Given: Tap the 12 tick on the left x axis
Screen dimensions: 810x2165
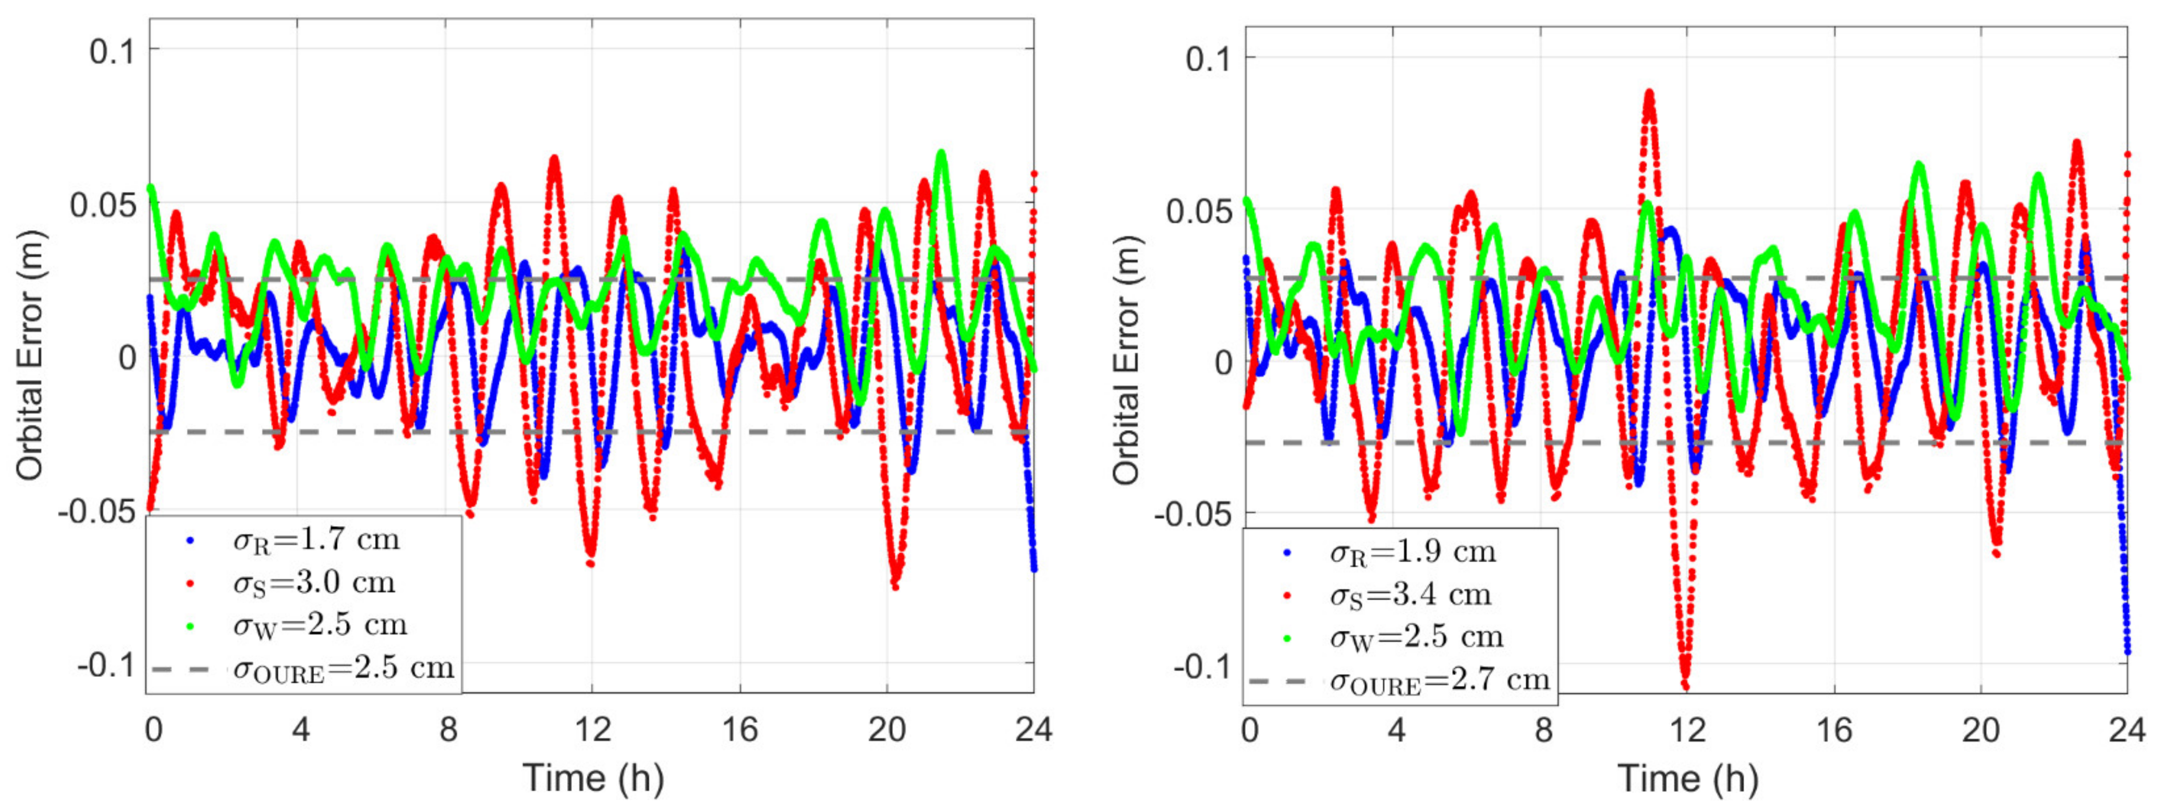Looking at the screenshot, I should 592,729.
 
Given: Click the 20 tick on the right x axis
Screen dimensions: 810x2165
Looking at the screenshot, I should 1981,729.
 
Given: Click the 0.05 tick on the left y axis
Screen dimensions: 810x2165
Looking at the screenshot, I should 103,205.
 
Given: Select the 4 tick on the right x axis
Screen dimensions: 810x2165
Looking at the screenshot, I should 1396,729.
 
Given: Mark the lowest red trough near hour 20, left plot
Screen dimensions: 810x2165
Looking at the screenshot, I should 895,586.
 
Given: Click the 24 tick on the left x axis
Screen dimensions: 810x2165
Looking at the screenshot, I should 1033,729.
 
